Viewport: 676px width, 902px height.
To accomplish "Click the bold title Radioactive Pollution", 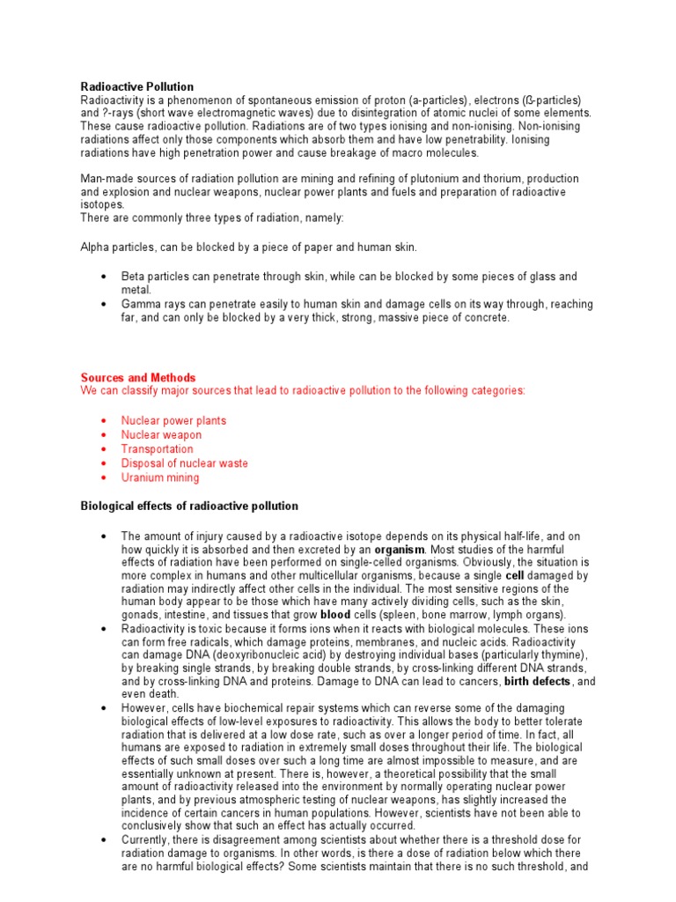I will click(x=136, y=86).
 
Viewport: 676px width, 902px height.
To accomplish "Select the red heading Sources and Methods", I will click(x=138, y=378).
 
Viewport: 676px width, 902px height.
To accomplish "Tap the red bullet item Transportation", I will click(x=157, y=449).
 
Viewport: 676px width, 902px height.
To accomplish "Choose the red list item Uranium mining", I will click(x=160, y=477).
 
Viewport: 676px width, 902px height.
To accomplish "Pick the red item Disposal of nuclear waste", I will click(x=185, y=463).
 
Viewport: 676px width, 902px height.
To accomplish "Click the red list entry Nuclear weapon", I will click(x=161, y=435).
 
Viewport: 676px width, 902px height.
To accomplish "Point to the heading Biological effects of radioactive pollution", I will click(x=189, y=506).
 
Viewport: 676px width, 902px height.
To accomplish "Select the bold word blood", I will click(x=335, y=614).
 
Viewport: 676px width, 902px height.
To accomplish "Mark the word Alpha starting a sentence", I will click(x=95, y=248).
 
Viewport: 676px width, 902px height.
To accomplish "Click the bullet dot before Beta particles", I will click(x=105, y=277).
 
